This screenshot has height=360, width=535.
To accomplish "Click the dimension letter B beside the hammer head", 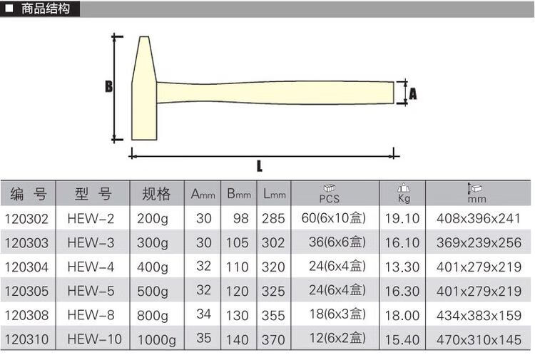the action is (109, 86).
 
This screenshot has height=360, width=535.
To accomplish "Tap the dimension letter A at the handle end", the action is (413, 93).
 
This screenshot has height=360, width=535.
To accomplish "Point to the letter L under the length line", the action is (260, 166).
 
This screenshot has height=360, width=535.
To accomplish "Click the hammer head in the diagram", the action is (144, 88).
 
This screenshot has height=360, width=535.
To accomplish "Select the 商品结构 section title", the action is (46, 9).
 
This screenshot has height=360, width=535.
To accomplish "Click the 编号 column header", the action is (29, 194).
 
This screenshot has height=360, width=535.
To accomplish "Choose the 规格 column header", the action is (156, 194).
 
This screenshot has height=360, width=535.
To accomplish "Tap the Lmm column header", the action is (275, 194).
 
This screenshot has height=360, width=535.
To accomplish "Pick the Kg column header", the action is (404, 193).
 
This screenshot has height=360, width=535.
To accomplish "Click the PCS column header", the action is (330, 194).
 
